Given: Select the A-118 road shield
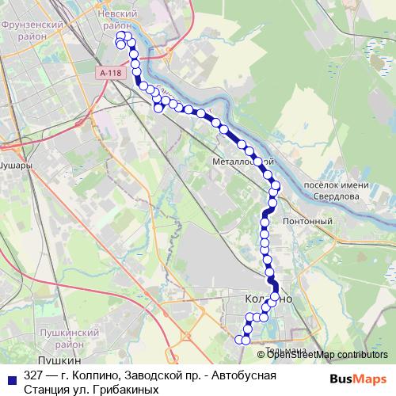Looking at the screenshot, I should (112, 72).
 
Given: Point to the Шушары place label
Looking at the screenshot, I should (16, 167).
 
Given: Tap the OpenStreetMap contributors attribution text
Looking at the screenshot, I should (328, 354).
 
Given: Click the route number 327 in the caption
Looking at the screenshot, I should (34, 375).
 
